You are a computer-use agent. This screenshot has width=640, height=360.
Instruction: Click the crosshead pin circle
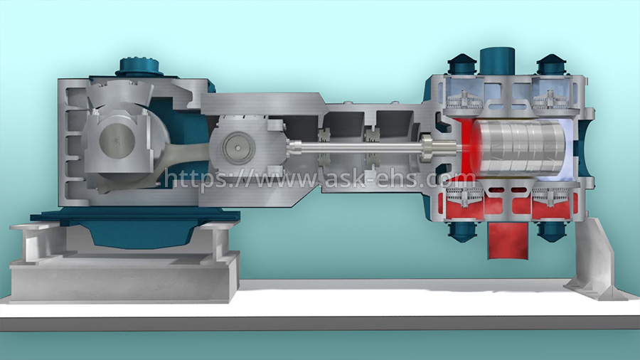tap(238, 148)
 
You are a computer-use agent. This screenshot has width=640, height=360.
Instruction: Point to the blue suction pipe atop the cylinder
tap(496, 61)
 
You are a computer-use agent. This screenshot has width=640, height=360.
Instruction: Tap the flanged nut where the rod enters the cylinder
tap(427, 148)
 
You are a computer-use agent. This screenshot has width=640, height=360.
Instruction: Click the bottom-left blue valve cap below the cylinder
tap(462, 231)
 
